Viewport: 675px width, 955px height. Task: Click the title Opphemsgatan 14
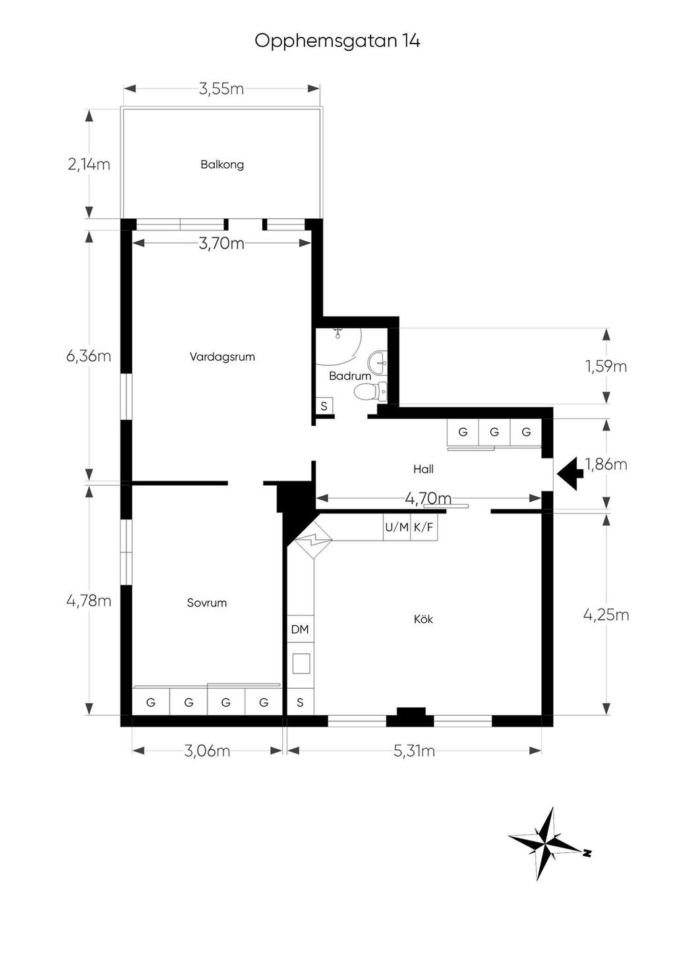click(337, 42)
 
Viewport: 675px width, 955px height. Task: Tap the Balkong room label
click(222, 165)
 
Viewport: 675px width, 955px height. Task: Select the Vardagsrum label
click(222, 357)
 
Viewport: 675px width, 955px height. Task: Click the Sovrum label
click(207, 603)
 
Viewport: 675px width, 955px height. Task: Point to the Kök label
click(423, 619)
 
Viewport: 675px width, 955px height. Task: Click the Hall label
click(423, 469)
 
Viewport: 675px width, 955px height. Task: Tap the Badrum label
click(350, 376)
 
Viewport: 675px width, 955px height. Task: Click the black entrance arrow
click(570, 473)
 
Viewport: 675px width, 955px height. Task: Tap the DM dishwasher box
click(300, 629)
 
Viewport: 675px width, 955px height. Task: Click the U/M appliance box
click(397, 527)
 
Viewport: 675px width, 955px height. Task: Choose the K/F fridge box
click(424, 527)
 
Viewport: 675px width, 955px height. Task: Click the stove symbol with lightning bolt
click(313, 540)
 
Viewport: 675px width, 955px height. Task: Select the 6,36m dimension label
click(89, 355)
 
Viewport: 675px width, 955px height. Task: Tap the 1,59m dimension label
click(606, 366)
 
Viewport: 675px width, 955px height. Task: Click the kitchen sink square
click(301, 664)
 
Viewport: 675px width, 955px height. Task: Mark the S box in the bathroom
click(324, 406)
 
